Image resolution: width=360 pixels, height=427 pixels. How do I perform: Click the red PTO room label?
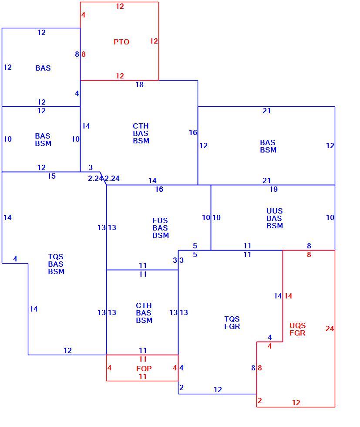coord(121,42)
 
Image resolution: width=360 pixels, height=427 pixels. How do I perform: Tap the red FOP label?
coord(144,369)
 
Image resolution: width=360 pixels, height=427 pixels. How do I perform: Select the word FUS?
coord(160,220)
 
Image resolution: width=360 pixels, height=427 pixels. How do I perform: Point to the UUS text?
coord(275,211)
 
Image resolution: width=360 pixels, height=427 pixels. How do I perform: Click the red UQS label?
coord(297,325)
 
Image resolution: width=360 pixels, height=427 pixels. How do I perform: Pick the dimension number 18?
coord(140,85)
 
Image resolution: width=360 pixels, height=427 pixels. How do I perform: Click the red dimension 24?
coord(330,329)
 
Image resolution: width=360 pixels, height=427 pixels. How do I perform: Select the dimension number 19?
coord(273,189)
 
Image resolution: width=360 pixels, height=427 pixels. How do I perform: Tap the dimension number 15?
coord(51,176)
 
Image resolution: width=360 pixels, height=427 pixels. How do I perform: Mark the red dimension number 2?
coord(259,400)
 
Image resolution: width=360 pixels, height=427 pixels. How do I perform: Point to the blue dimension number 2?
coord(182,387)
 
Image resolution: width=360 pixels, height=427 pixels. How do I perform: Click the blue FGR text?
coord(232,326)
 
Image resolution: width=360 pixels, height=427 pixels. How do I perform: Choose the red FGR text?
coord(297,333)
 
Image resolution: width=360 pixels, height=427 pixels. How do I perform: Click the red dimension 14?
coord(288,296)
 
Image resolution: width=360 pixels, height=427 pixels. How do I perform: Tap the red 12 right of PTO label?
coord(154,41)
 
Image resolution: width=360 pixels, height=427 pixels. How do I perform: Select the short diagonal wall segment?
coord(103,178)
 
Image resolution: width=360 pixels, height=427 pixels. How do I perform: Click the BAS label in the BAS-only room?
coord(43,68)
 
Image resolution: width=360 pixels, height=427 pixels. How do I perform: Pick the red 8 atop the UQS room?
coord(309,254)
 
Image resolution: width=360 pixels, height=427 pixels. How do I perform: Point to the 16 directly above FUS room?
coord(159,189)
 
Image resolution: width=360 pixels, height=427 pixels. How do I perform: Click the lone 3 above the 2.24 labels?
coord(91,167)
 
